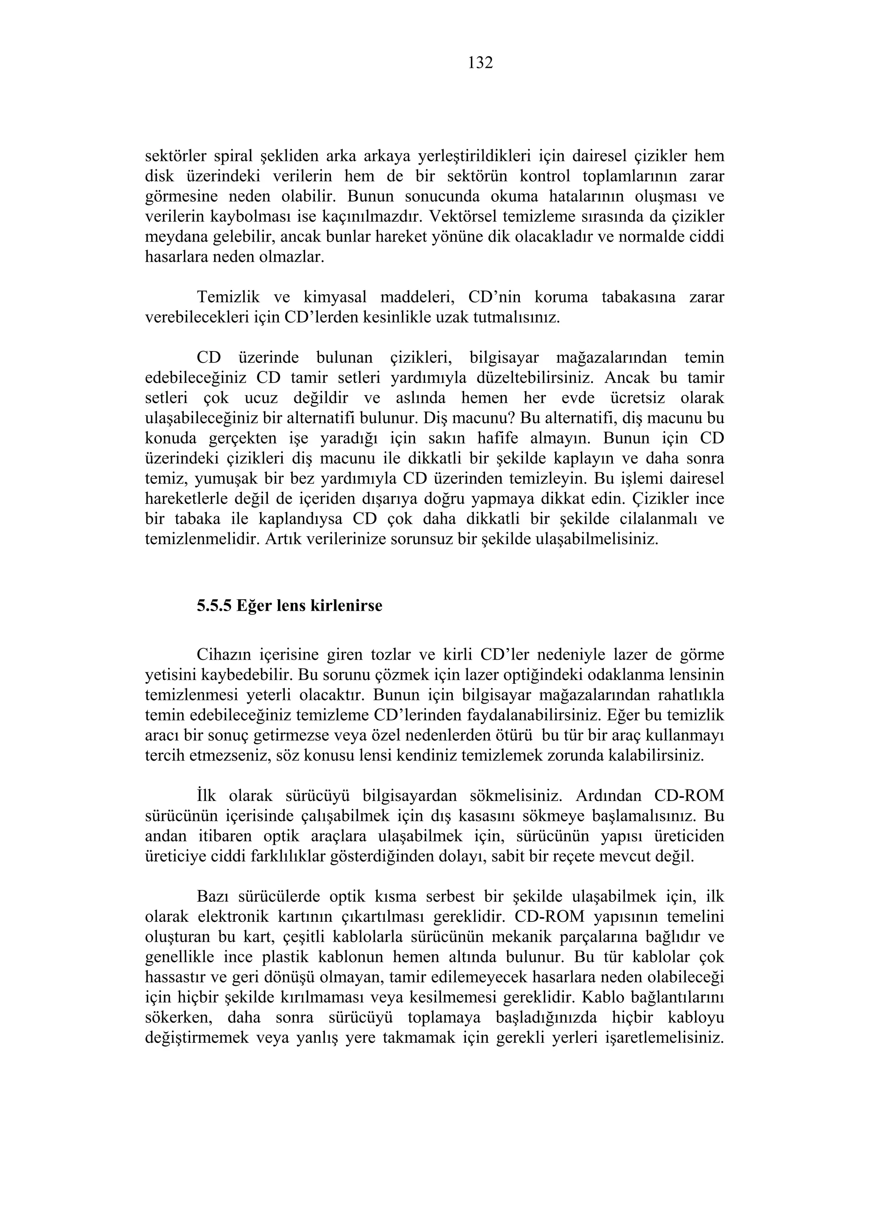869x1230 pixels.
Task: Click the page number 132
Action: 480,63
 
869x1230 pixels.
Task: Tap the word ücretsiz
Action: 639,398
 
